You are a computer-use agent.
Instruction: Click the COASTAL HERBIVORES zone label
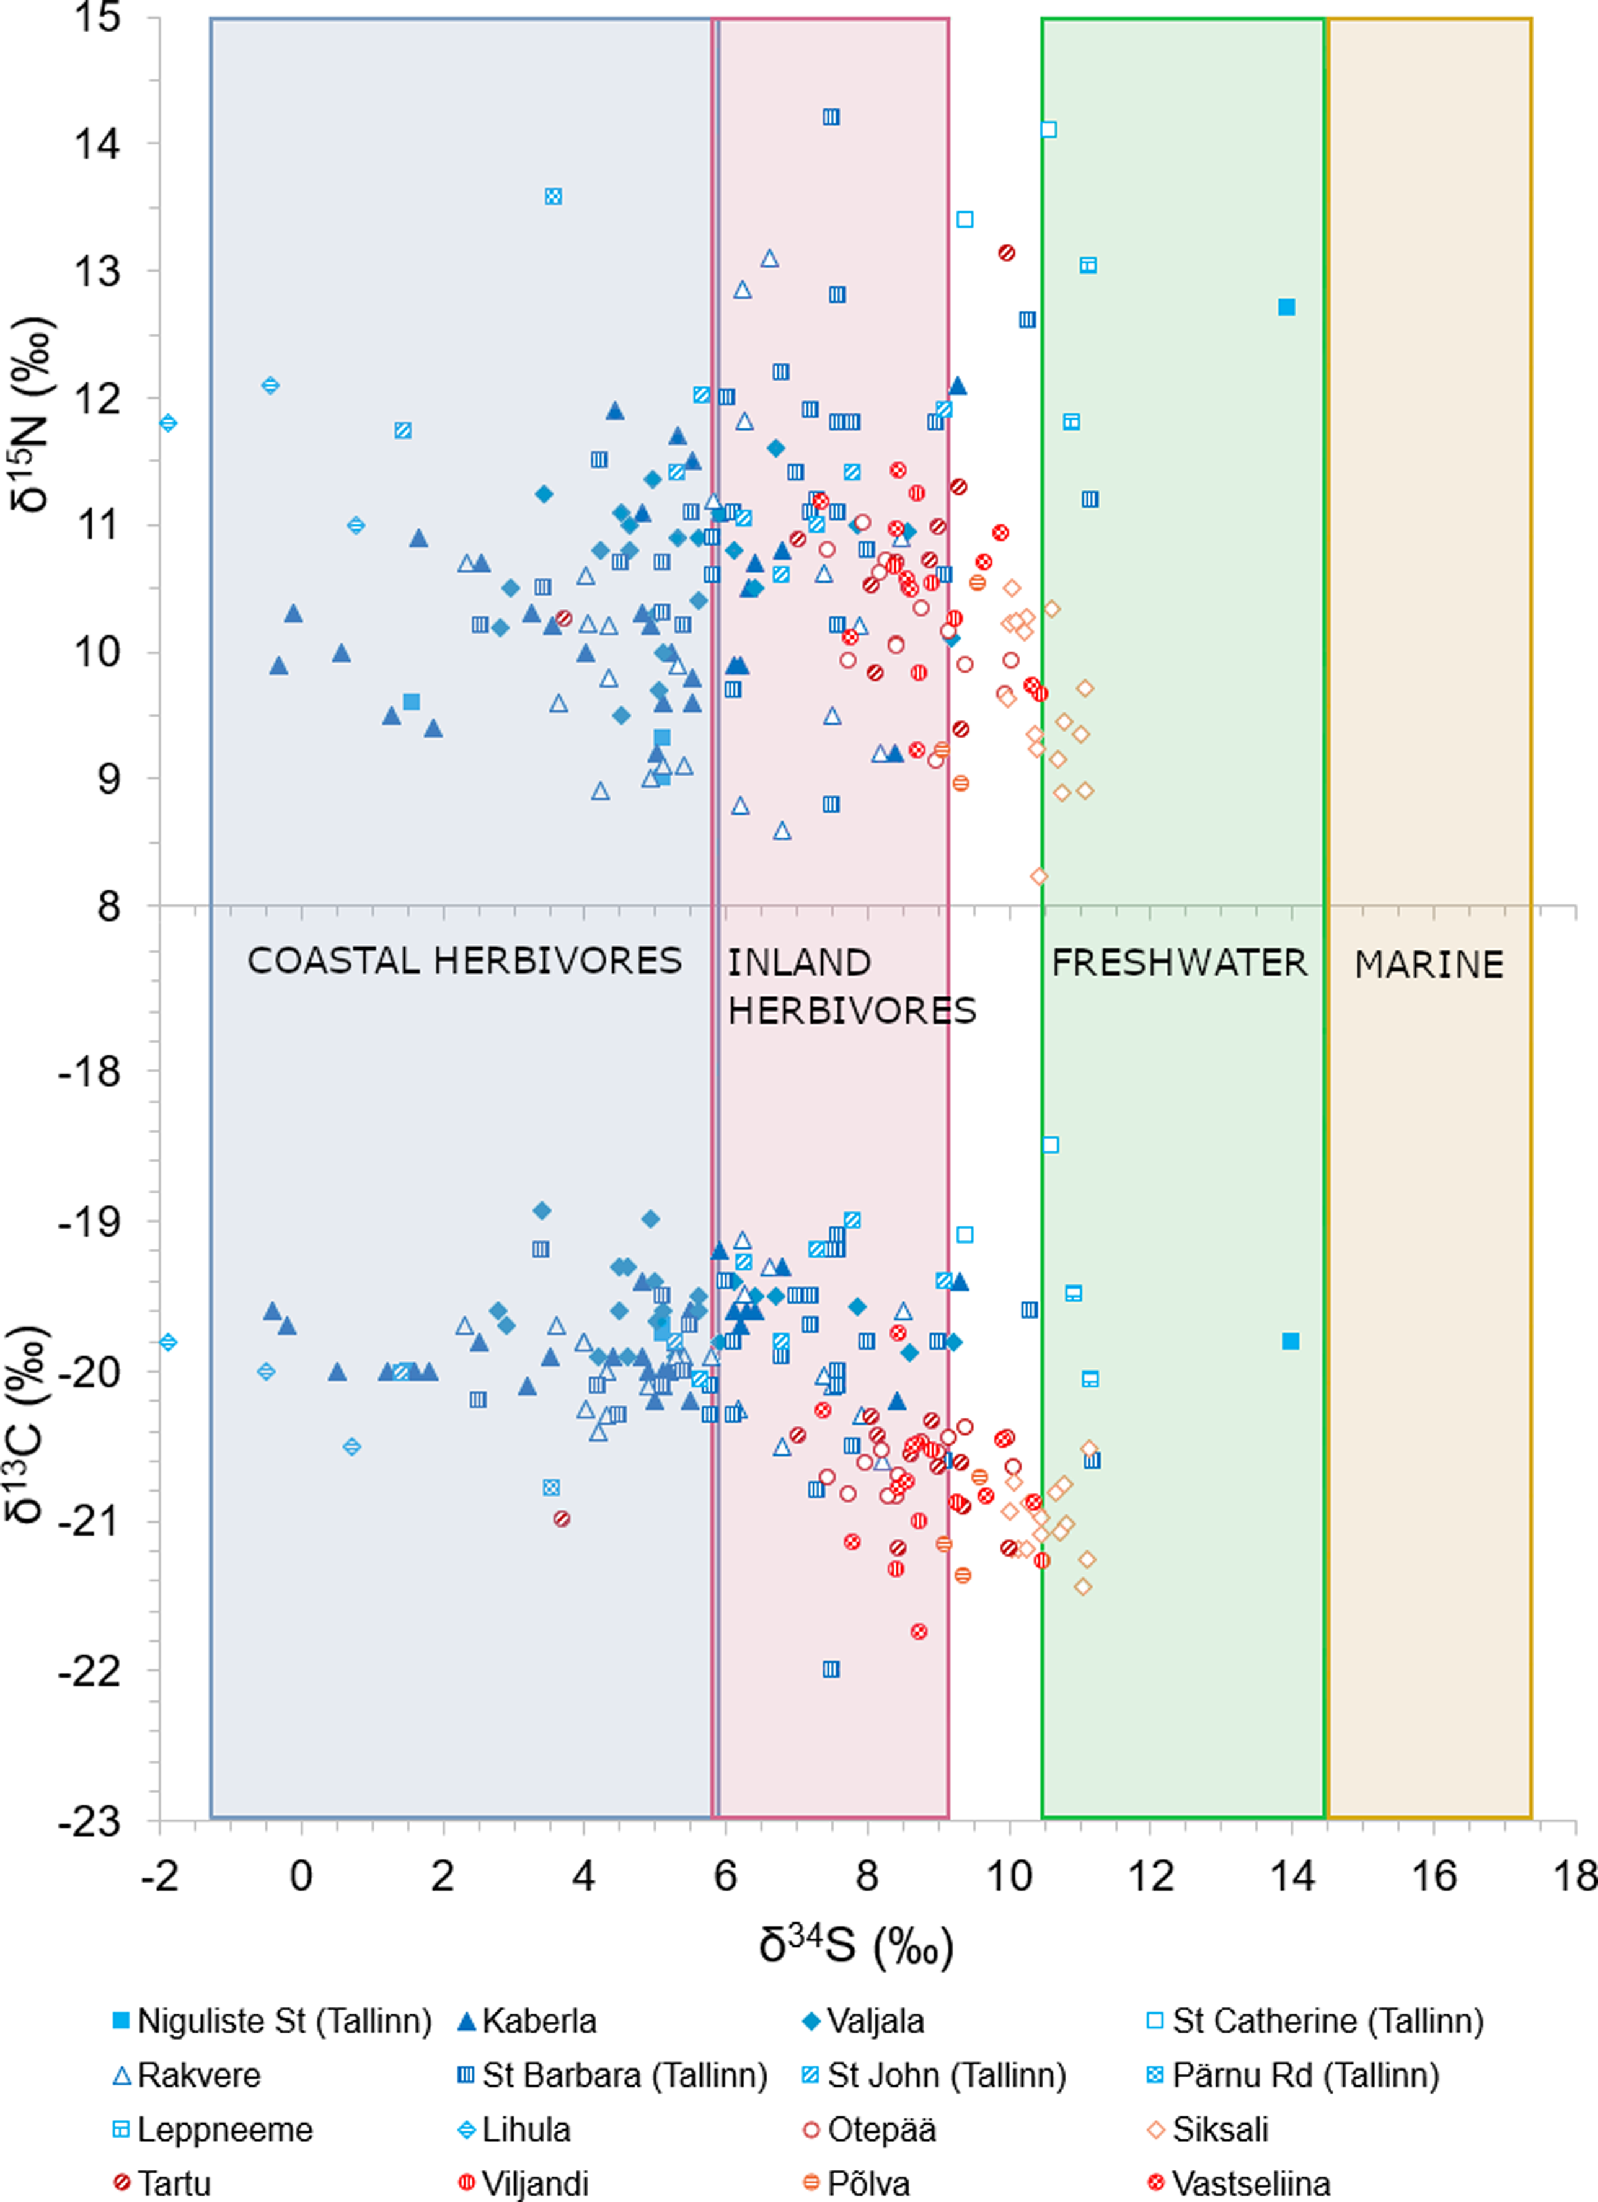[x=464, y=961]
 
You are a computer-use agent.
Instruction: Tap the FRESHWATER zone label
[x=1178, y=963]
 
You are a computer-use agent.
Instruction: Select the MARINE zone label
[x=1428, y=965]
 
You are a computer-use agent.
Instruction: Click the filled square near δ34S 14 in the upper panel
[x=1286, y=307]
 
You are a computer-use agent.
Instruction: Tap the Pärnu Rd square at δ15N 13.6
[x=552, y=196]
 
